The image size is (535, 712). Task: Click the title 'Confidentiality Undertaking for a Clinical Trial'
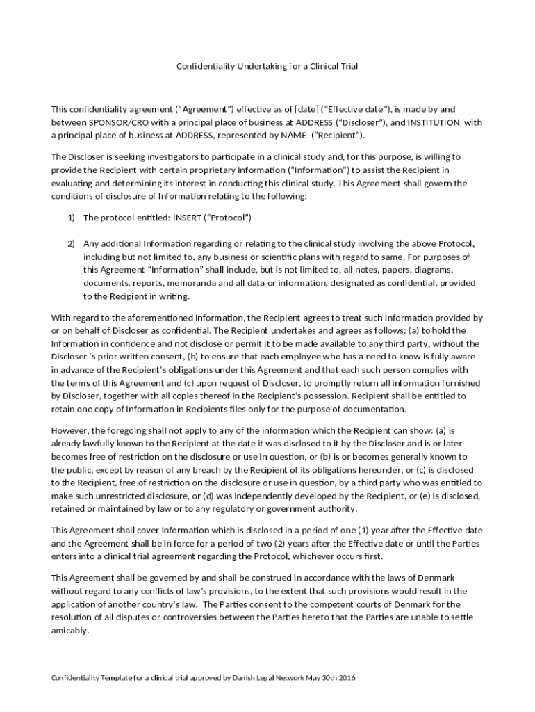[x=267, y=66]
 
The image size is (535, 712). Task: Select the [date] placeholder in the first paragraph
[x=307, y=109]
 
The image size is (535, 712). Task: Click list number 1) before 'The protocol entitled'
[x=71, y=218]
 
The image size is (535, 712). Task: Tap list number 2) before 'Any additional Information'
[x=71, y=243]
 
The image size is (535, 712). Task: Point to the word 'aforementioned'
[x=126, y=317]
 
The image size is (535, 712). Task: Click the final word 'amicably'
[x=69, y=631]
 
